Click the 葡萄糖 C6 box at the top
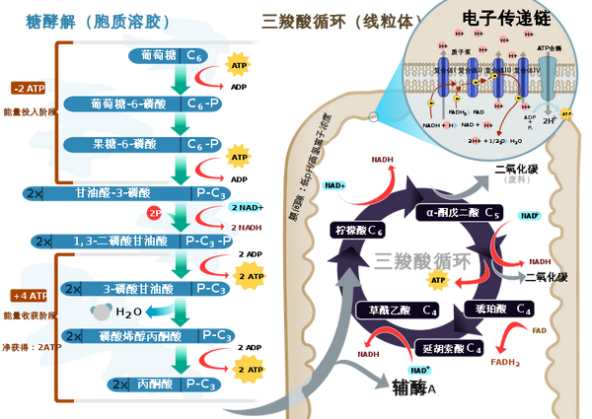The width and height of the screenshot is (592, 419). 173,57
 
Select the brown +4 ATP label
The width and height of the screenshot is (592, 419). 30,295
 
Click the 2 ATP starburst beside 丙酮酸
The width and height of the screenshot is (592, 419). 246,371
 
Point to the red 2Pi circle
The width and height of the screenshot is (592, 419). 155,213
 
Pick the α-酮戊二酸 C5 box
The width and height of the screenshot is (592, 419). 465,212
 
